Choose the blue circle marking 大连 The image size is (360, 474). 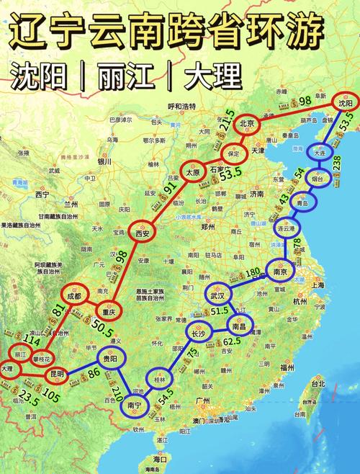(x=320, y=153)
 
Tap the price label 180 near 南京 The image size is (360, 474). (x=253, y=273)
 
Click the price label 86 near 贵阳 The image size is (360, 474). (x=94, y=375)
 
